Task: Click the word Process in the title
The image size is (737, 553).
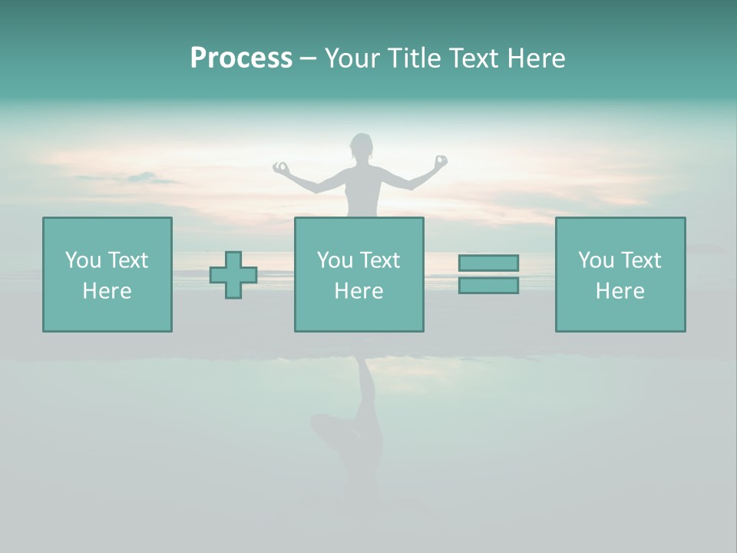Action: coord(241,58)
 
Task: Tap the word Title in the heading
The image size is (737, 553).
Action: coord(415,58)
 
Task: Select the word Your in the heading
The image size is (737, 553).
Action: coord(353,58)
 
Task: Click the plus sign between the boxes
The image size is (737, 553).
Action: coord(233,275)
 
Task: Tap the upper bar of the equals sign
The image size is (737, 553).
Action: coord(488,263)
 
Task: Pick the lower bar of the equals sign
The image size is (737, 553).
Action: coord(488,286)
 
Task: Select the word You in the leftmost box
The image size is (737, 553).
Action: coord(83,260)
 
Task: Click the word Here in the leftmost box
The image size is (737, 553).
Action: coord(107,291)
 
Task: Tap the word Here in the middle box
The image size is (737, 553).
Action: coord(359,291)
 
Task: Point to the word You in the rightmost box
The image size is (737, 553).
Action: coord(596,260)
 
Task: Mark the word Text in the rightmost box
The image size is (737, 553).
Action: coord(640,260)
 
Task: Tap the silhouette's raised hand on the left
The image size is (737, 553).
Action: coord(282,167)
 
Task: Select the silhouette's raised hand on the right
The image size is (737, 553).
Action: coord(440,161)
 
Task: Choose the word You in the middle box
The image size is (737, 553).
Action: coord(335,260)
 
